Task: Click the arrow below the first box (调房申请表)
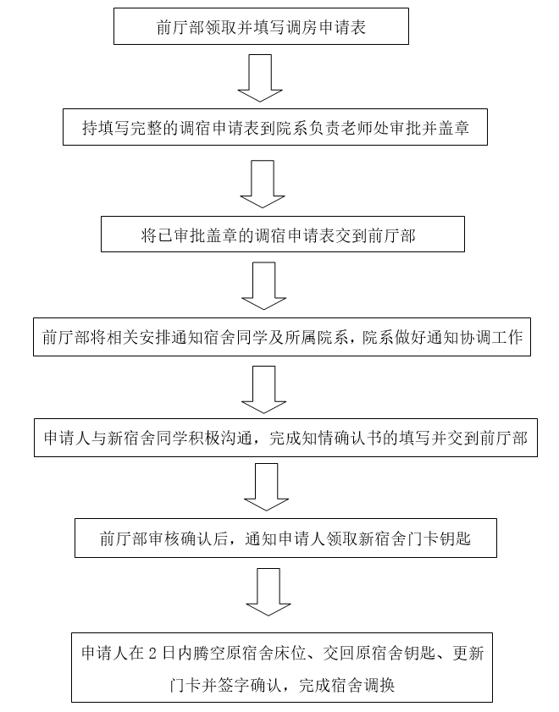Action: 260,78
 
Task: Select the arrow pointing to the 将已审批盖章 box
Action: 263,184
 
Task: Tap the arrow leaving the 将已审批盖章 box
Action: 264,285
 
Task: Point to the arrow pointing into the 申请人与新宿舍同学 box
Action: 264,389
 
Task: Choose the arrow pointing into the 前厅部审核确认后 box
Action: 266,487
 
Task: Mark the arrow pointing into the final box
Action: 268,592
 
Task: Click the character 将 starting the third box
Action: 149,235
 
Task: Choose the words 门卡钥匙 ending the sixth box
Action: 440,539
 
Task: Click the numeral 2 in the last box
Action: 152,654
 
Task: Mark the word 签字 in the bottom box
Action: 234,685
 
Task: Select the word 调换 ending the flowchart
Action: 379,685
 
